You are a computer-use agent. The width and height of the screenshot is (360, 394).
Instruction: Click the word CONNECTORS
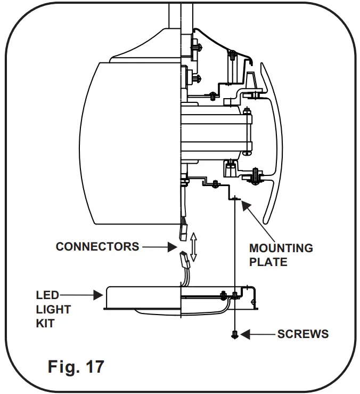(97, 246)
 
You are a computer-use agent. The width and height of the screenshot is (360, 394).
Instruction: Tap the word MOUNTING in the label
(281, 248)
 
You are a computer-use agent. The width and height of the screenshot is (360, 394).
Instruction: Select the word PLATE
(268, 262)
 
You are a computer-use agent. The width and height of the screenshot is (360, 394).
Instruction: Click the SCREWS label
(302, 334)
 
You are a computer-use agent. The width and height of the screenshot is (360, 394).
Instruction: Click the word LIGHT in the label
(53, 309)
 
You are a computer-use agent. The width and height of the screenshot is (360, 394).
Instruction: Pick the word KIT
(45, 324)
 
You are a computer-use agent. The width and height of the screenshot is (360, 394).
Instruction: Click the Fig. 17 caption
(76, 366)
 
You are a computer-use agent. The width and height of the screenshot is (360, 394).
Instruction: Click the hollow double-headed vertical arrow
(193, 246)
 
